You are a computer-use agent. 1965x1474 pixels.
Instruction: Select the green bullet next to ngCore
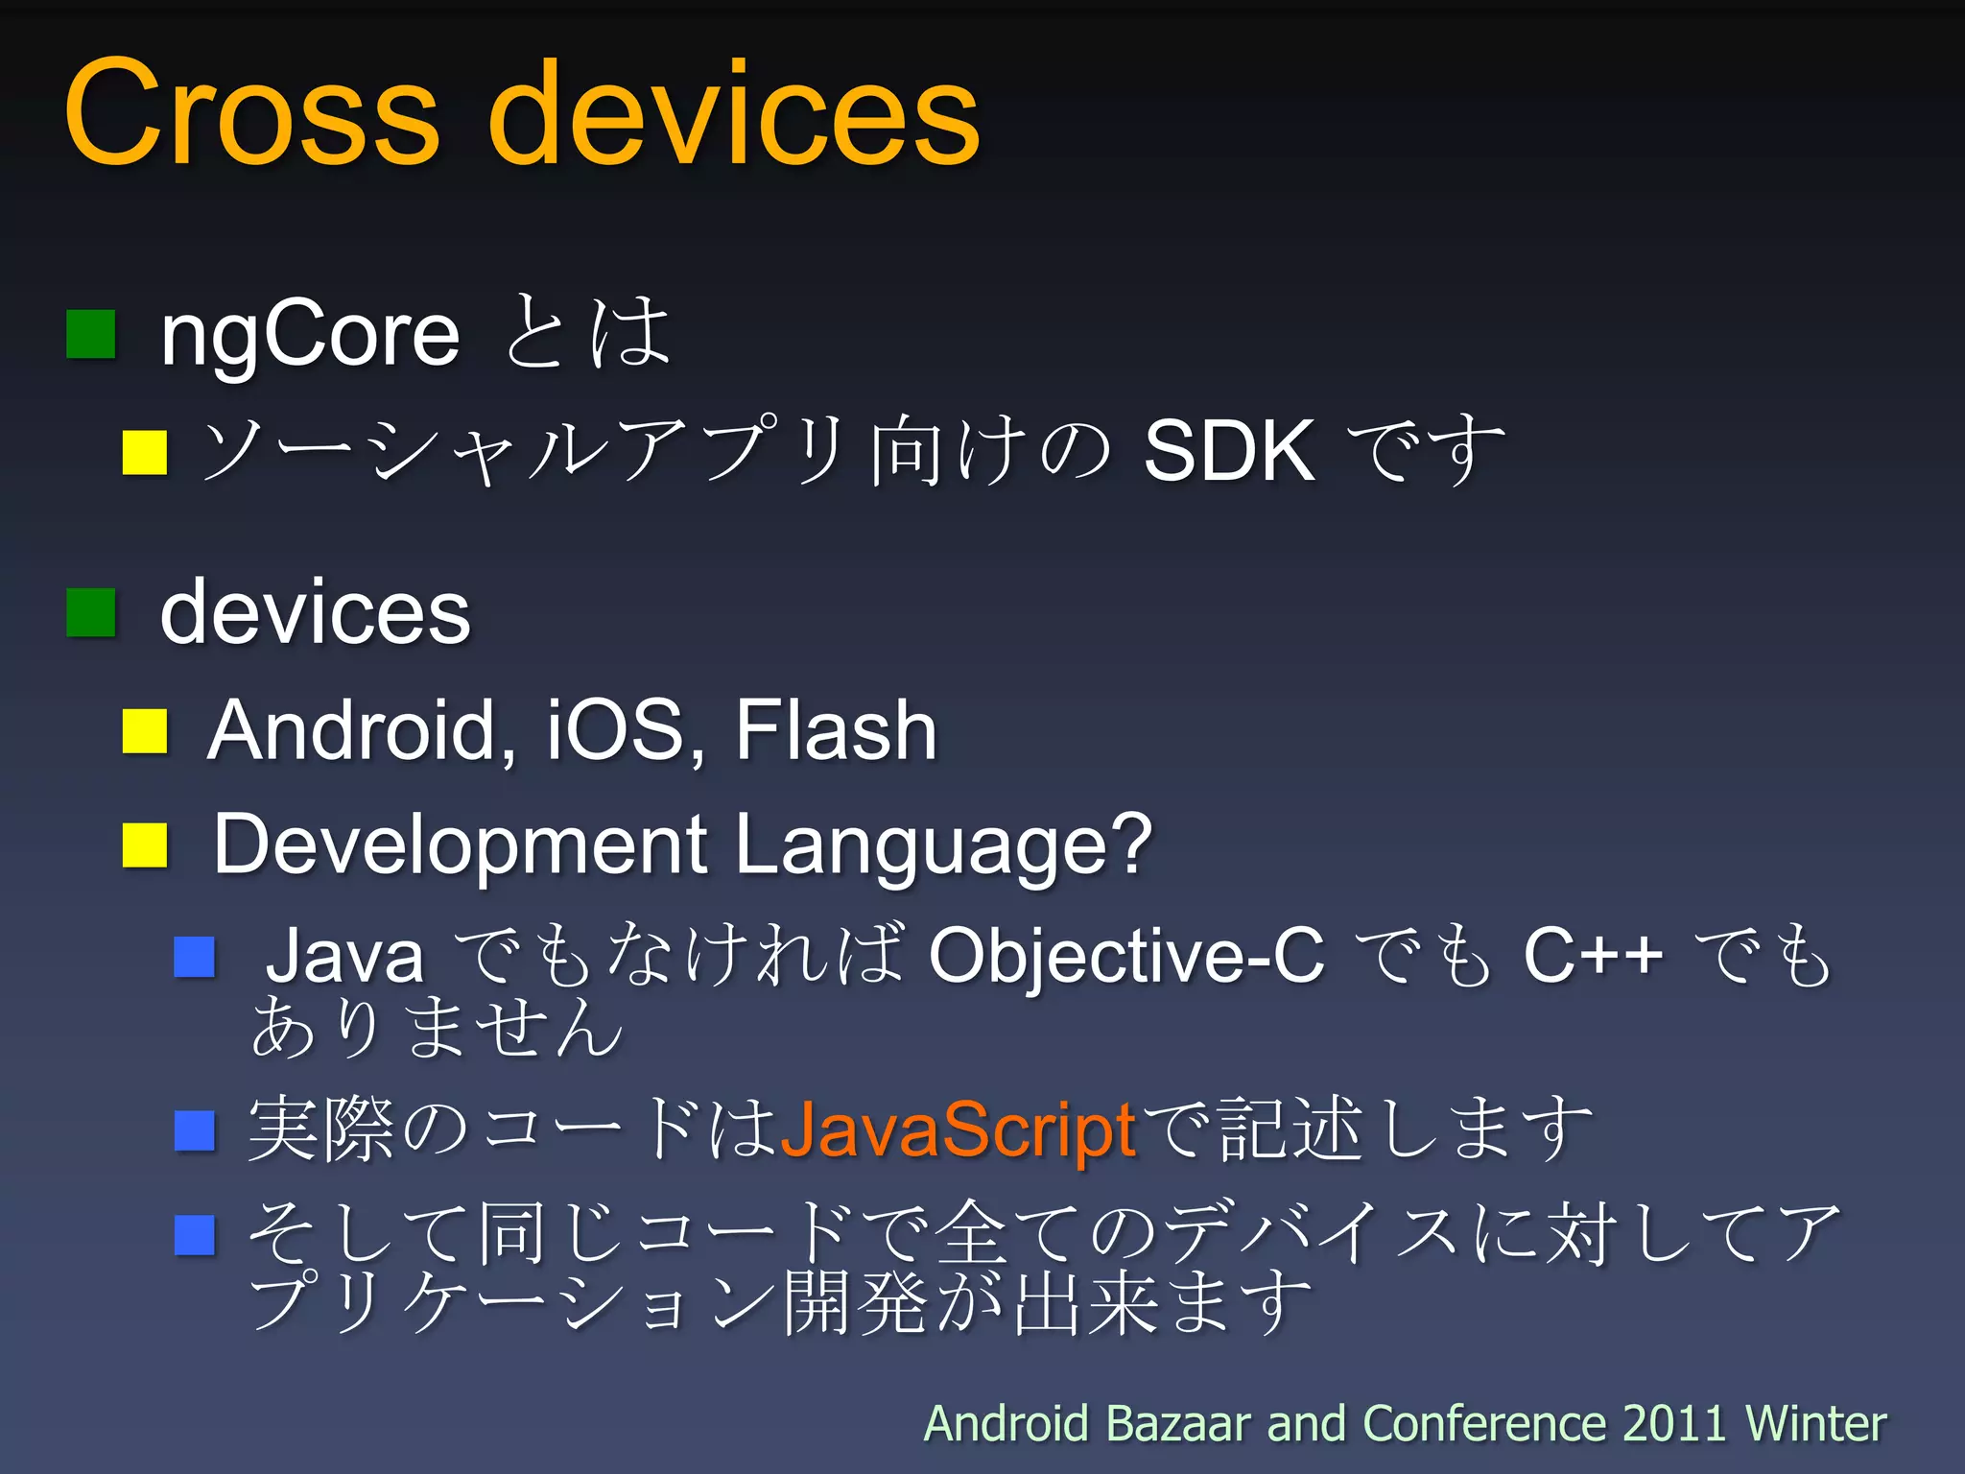tap(91, 334)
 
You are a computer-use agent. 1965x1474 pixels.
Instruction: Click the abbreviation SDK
tap(1229, 451)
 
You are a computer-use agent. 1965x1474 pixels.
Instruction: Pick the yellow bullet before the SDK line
tap(145, 452)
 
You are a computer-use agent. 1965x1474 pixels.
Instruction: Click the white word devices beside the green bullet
tap(316, 614)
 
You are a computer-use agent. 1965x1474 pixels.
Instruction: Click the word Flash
tap(836, 731)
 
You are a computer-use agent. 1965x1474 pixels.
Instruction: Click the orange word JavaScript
tap(959, 1130)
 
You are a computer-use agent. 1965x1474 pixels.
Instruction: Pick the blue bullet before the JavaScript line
tap(195, 1130)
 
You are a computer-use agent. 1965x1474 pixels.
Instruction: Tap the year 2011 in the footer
tap(1674, 1423)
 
